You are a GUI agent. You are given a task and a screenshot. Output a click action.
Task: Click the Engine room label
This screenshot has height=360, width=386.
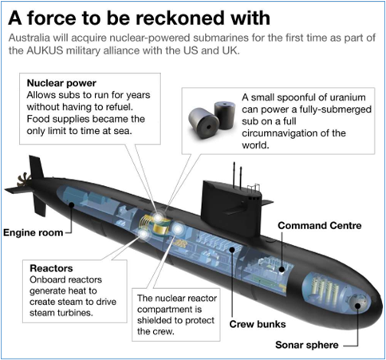33,233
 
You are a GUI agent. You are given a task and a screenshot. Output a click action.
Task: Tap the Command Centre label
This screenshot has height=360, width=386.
320,226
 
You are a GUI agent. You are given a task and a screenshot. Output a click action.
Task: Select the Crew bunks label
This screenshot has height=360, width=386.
258,324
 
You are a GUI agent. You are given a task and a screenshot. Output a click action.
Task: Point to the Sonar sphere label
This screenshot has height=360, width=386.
307,345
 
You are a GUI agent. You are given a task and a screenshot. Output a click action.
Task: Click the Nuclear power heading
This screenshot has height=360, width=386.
61,83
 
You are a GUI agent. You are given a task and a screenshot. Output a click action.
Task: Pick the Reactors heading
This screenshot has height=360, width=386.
51,268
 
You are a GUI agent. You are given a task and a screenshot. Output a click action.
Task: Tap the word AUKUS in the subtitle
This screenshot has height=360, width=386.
45,50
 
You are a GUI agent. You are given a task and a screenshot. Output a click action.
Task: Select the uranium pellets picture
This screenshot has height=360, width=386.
211,119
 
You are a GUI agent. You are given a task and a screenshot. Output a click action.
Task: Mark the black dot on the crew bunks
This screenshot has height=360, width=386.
232,250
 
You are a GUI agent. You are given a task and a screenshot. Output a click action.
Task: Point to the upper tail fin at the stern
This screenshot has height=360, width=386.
36,167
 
